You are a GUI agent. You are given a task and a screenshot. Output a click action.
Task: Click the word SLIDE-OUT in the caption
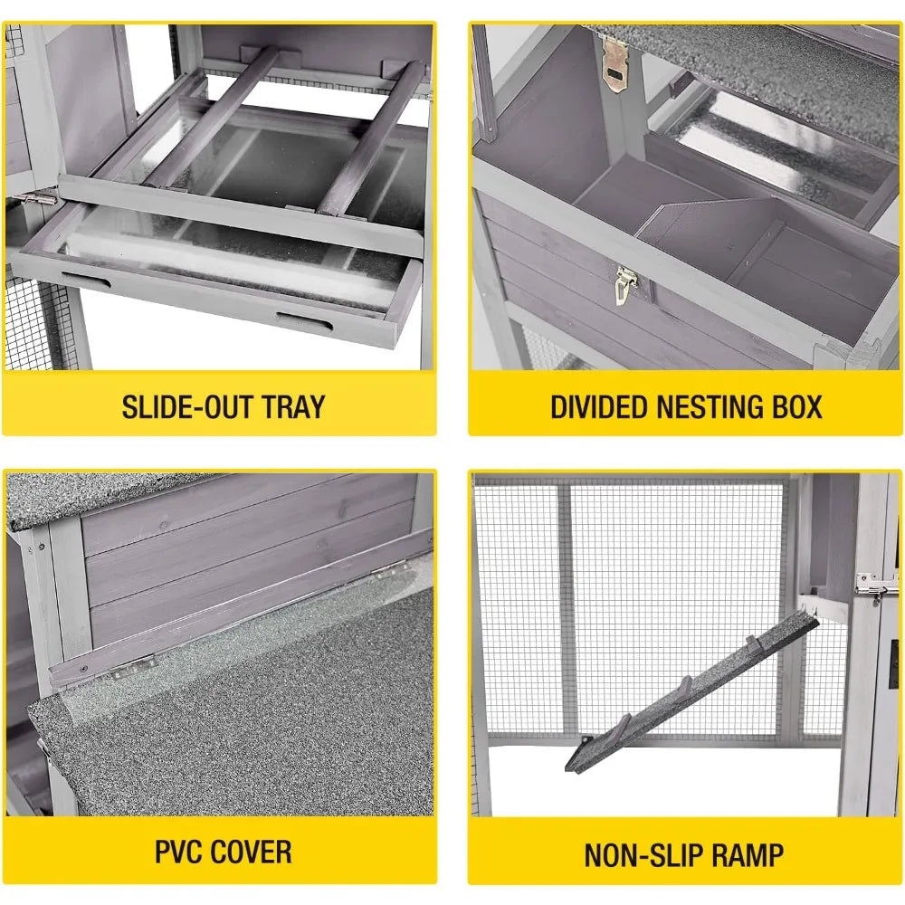point(187,407)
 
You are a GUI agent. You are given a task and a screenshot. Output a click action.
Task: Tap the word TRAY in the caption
point(294,407)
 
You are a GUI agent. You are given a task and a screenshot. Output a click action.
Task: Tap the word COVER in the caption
point(251,852)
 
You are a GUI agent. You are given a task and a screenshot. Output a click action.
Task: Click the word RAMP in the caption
point(747,855)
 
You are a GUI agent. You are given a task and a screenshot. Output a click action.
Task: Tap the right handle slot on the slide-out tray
point(304,321)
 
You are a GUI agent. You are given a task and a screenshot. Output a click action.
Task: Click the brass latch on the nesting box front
point(625,284)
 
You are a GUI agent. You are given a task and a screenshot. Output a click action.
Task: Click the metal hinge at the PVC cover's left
point(134,667)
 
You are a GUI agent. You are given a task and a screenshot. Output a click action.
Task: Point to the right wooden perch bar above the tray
point(370,138)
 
